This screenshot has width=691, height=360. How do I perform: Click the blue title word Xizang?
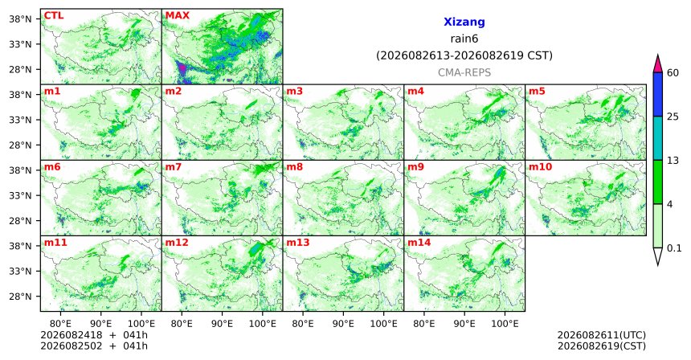[464, 22]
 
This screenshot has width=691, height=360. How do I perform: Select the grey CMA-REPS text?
[464, 72]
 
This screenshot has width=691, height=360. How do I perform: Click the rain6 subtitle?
[464, 39]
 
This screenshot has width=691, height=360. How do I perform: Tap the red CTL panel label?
[54, 15]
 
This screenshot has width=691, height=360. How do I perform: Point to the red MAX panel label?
[177, 15]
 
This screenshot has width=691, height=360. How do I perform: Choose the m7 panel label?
[173, 167]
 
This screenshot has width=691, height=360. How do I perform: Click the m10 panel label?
[540, 167]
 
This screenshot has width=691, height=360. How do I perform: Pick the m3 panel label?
[294, 92]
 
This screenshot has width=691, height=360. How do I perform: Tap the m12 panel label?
[177, 243]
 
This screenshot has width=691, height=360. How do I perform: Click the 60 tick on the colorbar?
[673, 72]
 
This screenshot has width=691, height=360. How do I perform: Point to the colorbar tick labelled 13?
[673, 161]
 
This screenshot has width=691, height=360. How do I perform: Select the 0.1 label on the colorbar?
[674, 248]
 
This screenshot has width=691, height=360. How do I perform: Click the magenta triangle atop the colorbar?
[658, 64]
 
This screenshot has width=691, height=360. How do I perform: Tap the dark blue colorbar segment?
[658, 94]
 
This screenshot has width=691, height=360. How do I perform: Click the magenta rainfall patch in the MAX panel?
[181, 69]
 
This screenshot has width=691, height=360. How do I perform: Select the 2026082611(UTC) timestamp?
[602, 336]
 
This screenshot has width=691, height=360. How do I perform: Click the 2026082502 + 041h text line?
[94, 346]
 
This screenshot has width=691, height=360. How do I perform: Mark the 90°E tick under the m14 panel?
[464, 324]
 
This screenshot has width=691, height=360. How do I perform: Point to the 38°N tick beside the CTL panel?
[21, 19]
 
